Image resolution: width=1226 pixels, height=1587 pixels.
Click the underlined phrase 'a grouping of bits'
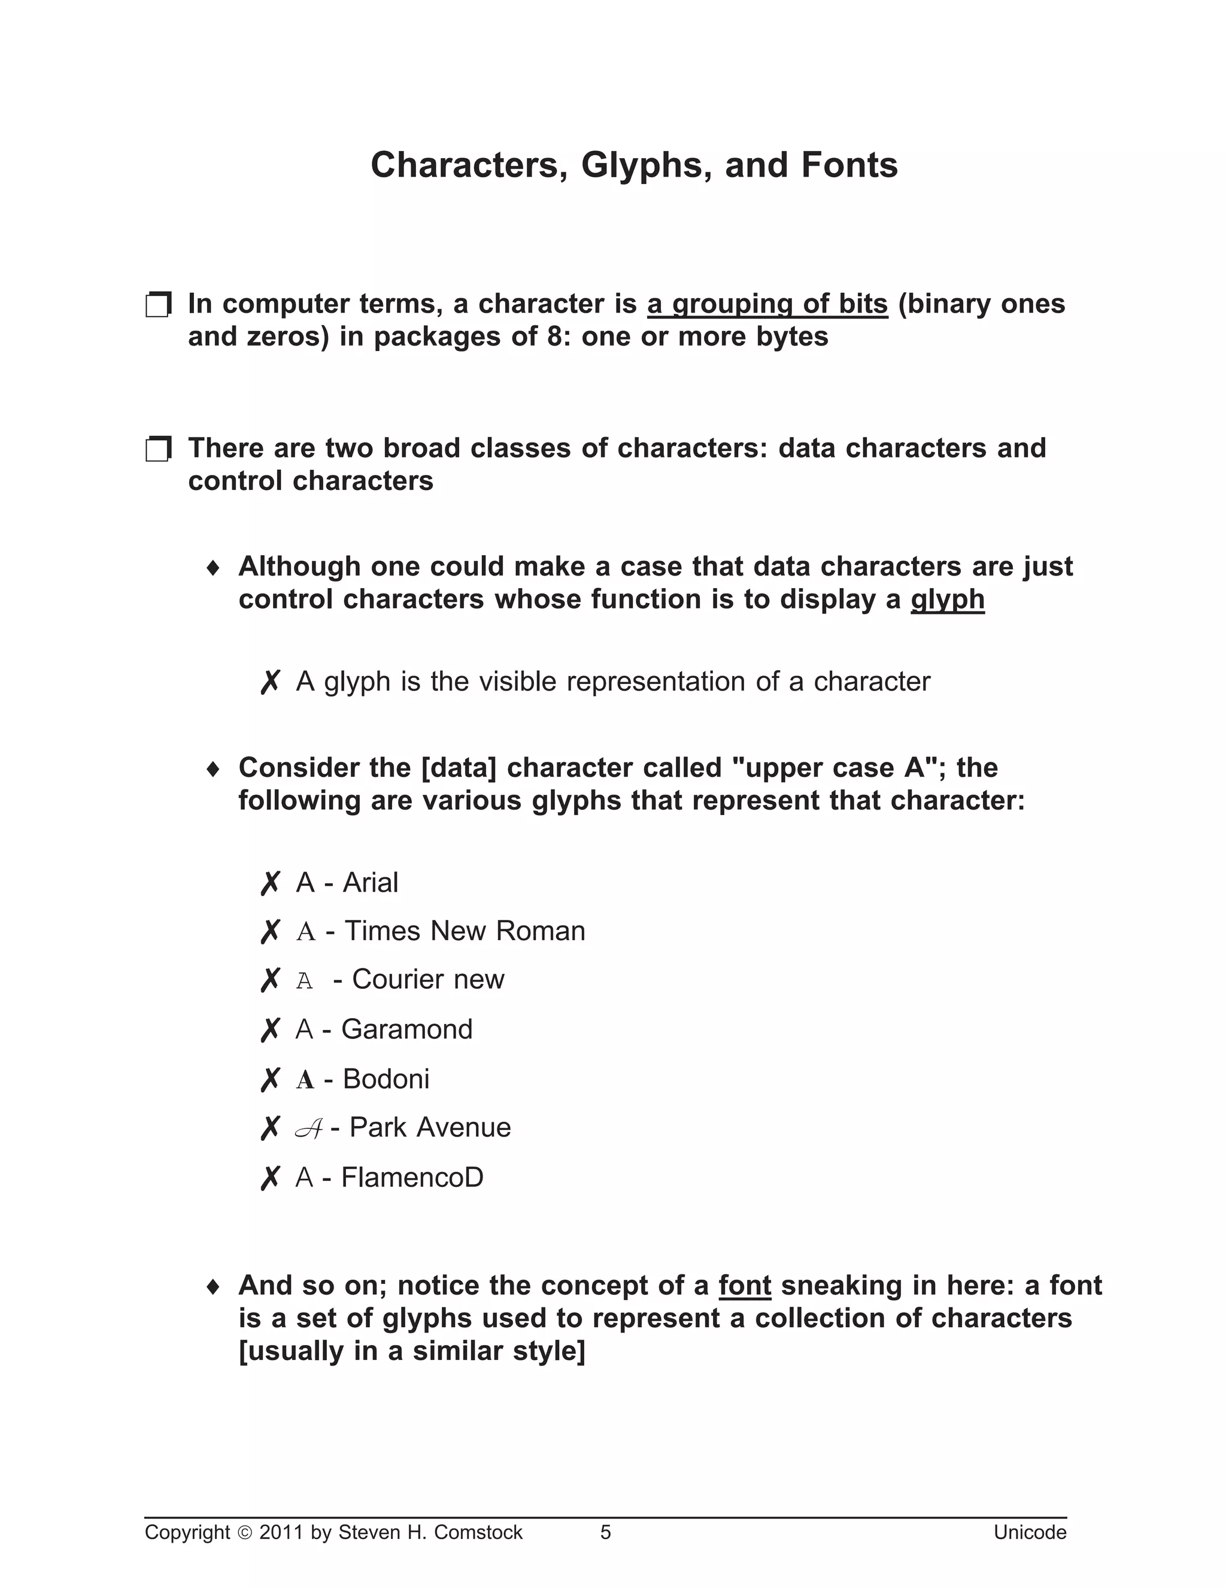point(767,304)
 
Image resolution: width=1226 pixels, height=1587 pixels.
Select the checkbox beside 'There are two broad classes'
point(157,449)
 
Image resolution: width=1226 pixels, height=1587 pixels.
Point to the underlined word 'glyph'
point(947,600)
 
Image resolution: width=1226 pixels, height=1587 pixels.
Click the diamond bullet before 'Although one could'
point(213,568)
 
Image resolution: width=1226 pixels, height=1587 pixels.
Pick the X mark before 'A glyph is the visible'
point(269,682)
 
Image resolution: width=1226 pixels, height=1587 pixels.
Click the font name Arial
point(371,883)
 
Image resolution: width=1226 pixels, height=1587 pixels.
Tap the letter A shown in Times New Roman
point(306,932)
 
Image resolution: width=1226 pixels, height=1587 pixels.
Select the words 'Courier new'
point(428,980)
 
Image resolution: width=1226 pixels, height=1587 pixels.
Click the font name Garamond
point(406,1029)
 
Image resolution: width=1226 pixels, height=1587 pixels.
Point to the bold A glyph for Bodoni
point(305,1080)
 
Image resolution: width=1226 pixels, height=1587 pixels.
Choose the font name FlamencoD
point(412,1178)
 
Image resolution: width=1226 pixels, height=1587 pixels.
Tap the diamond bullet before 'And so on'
point(213,1287)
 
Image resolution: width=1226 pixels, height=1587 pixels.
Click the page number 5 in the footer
point(605,1533)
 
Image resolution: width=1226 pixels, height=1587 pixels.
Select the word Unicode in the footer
point(1029,1533)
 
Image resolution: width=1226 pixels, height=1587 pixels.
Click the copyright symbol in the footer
point(244,1533)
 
